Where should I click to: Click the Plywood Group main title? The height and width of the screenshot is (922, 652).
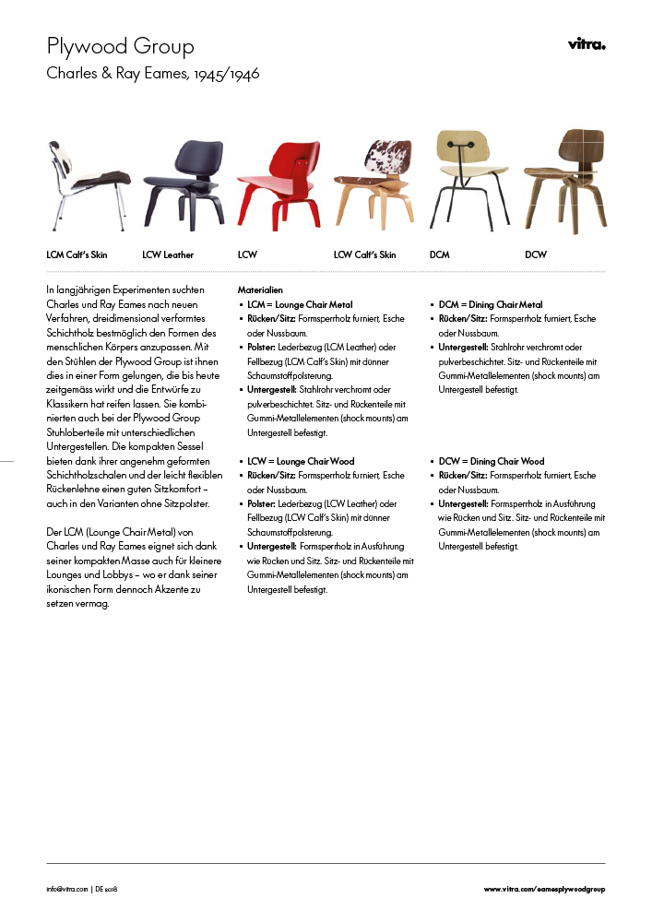(120, 47)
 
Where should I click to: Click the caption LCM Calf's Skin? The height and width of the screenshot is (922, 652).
(77, 254)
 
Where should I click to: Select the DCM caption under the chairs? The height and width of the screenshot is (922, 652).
(440, 254)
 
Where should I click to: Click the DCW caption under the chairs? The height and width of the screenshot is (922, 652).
(536, 254)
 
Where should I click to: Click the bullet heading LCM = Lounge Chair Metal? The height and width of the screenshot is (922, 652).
(299, 304)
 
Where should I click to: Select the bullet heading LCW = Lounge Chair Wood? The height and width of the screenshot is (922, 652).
(300, 461)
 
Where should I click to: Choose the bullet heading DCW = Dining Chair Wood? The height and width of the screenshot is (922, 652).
(492, 461)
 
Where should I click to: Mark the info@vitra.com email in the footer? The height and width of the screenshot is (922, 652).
(67, 889)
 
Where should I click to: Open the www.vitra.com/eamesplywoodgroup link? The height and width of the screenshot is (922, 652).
(544, 889)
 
